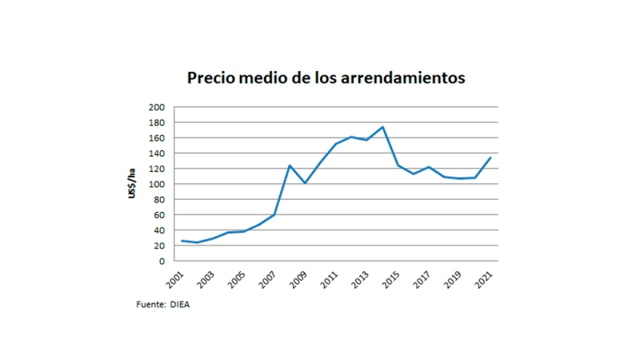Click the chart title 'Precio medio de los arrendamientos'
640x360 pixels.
[x=326, y=78]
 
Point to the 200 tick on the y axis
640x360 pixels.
[x=157, y=107]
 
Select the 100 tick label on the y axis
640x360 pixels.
[x=157, y=184]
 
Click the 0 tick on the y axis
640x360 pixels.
[x=162, y=261]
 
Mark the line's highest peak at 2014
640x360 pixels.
[x=382, y=126]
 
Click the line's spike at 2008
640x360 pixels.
[x=289, y=166]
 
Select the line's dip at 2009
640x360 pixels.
[x=305, y=183]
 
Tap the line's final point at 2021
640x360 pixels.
[x=490, y=158]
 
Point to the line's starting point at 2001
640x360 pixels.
[x=182, y=241]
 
